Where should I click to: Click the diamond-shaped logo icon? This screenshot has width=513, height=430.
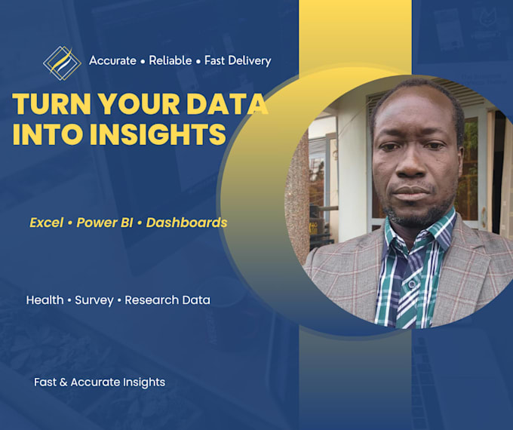pyautogui.click(x=62, y=63)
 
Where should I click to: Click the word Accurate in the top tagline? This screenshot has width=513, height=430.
pyautogui.click(x=112, y=60)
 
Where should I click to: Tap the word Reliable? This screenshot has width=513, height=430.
pyautogui.click(x=170, y=60)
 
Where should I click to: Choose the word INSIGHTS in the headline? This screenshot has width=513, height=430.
pyautogui.click(x=158, y=134)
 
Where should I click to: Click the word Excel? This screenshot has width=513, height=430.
pyautogui.click(x=47, y=223)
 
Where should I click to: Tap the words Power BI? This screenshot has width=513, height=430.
pyautogui.click(x=105, y=223)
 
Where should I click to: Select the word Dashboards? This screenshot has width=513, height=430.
pyautogui.click(x=186, y=223)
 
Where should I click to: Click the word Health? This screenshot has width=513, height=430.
pyautogui.click(x=45, y=300)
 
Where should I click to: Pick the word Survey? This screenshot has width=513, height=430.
pyautogui.click(x=94, y=300)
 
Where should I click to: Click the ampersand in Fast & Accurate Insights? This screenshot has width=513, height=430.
pyautogui.click(x=63, y=382)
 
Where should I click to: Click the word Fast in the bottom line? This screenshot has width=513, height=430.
pyautogui.click(x=45, y=382)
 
